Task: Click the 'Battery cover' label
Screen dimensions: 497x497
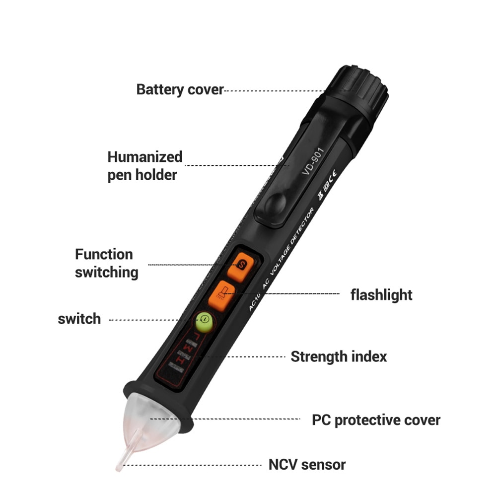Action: (x=180, y=90)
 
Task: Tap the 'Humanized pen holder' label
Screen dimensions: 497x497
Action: (x=144, y=166)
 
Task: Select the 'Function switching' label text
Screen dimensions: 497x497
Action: (x=106, y=263)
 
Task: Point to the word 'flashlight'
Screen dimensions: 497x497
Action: (x=381, y=294)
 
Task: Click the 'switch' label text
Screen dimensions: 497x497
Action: (x=79, y=319)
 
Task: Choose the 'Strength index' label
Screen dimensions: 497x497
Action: (x=338, y=356)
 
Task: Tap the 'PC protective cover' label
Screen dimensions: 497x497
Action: (x=376, y=420)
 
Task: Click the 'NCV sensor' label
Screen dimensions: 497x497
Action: (x=307, y=465)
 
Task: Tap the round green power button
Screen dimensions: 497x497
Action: (x=204, y=322)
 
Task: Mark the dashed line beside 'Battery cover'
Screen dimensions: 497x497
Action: (x=273, y=91)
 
